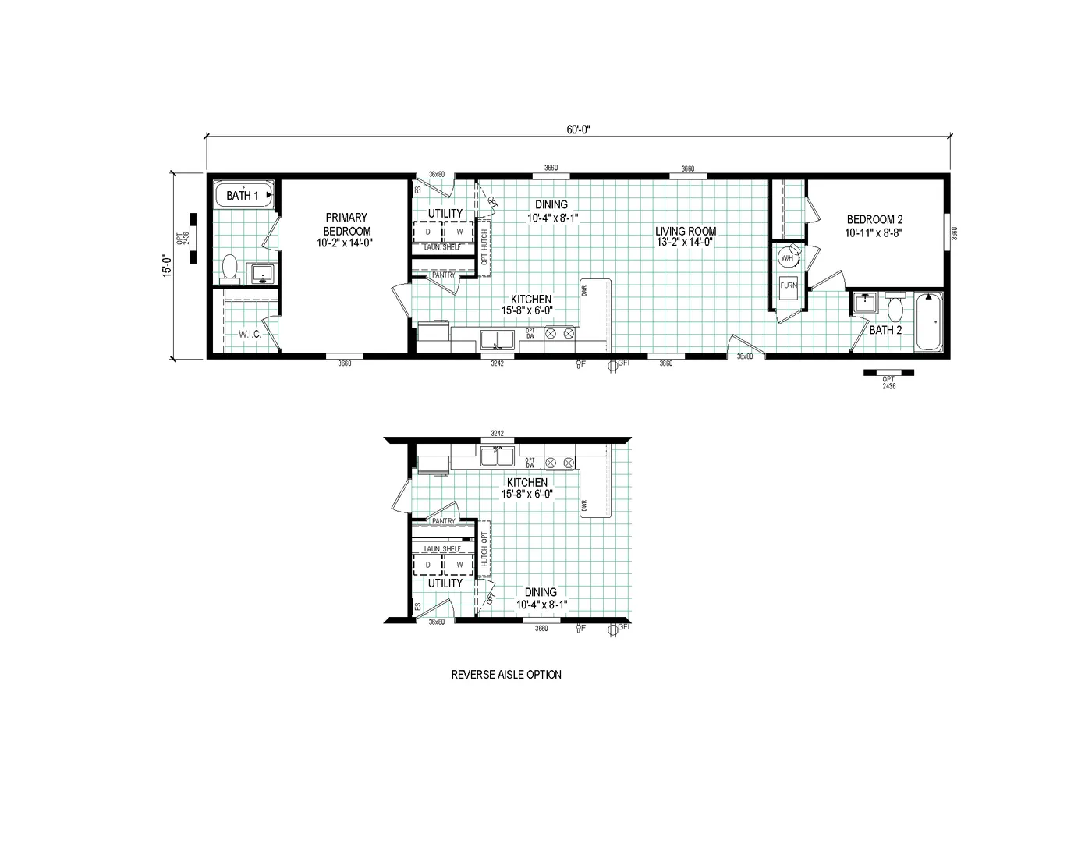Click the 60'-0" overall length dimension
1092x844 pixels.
pyautogui.click(x=578, y=130)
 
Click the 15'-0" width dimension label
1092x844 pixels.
pyautogui.click(x=165, y=265)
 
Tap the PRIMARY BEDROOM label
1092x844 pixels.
pyautogui.click(x=347, y=225)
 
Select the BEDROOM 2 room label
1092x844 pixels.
pyautogui.click(x=874, y=226)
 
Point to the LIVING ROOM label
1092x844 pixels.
pyautogui.click(x=685, y=236)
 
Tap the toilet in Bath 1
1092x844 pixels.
pyautogui.click(x=229, y=268)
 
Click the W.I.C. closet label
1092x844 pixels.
pyautogui.click(x=249, y=334)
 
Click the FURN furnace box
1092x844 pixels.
pyautogui.click(x=789, y=285)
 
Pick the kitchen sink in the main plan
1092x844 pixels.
pyautogui.click(x=496, y=339)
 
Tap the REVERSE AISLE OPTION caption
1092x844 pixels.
pyautogui.click(x=506, y=675)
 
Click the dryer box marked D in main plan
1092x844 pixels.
pyautogui.click(x=427, y=232)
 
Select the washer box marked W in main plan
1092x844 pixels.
pyautogui.click(x=459, y=232)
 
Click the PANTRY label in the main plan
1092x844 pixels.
pyautogui.click(x=443, y=275)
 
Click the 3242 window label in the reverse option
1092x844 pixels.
pyautogui.click(x=497, y=434)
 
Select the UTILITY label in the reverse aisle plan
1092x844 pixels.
pyautogui.click(x=445, y=583)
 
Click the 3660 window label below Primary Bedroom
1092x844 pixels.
pyautogui.click(x=344, y=363)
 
